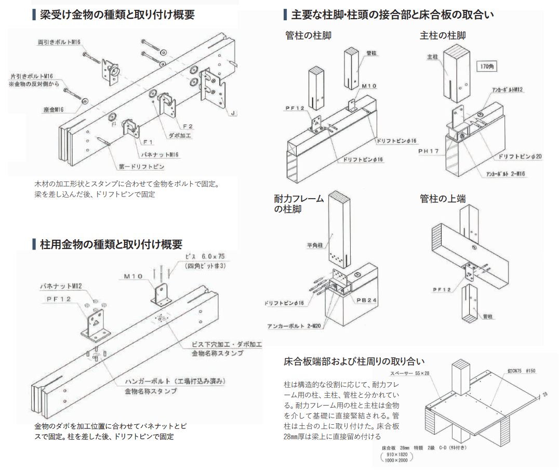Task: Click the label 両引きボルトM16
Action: [59, 42]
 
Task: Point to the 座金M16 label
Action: [54, 110]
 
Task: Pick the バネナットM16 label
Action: [160, 154]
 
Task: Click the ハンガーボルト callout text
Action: [175, 381]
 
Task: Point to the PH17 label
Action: [429, 151]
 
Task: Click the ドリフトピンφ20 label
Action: [520, 156]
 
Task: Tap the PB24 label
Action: [364, 301]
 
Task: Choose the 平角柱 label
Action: [316, 244]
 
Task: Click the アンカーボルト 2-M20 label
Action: [295, 327]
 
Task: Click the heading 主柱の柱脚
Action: [443, 35]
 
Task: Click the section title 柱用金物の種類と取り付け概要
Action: [111, 244]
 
